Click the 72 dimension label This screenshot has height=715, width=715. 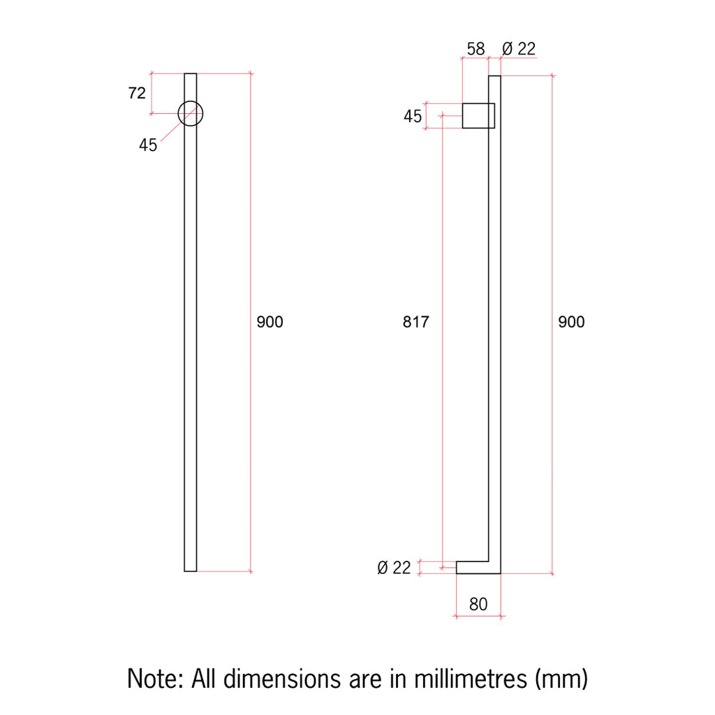(x=137, y=93)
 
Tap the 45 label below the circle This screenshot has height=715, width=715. (x=148, y=145)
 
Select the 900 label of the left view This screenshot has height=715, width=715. (x=270, y=322)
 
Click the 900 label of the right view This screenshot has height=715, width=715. (x=571, y=322)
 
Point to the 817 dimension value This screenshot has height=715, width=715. (x=416, y=322)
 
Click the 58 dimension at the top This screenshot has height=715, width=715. (x=476, y=49)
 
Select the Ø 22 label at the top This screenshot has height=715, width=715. (x=519, y=49)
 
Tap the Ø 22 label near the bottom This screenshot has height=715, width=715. (x=394, y=568)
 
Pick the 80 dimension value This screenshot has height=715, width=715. (x=478, y=604)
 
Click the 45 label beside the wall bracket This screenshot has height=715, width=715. (x=413, y=117)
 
